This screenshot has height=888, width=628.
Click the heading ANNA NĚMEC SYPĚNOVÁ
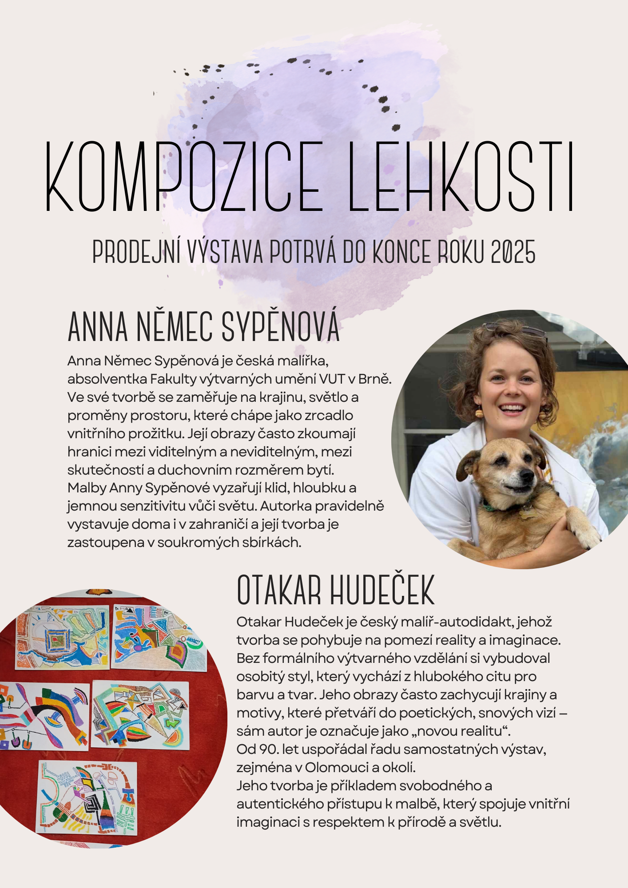pos(203,327)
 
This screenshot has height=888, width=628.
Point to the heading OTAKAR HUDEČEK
pos(335,590)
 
